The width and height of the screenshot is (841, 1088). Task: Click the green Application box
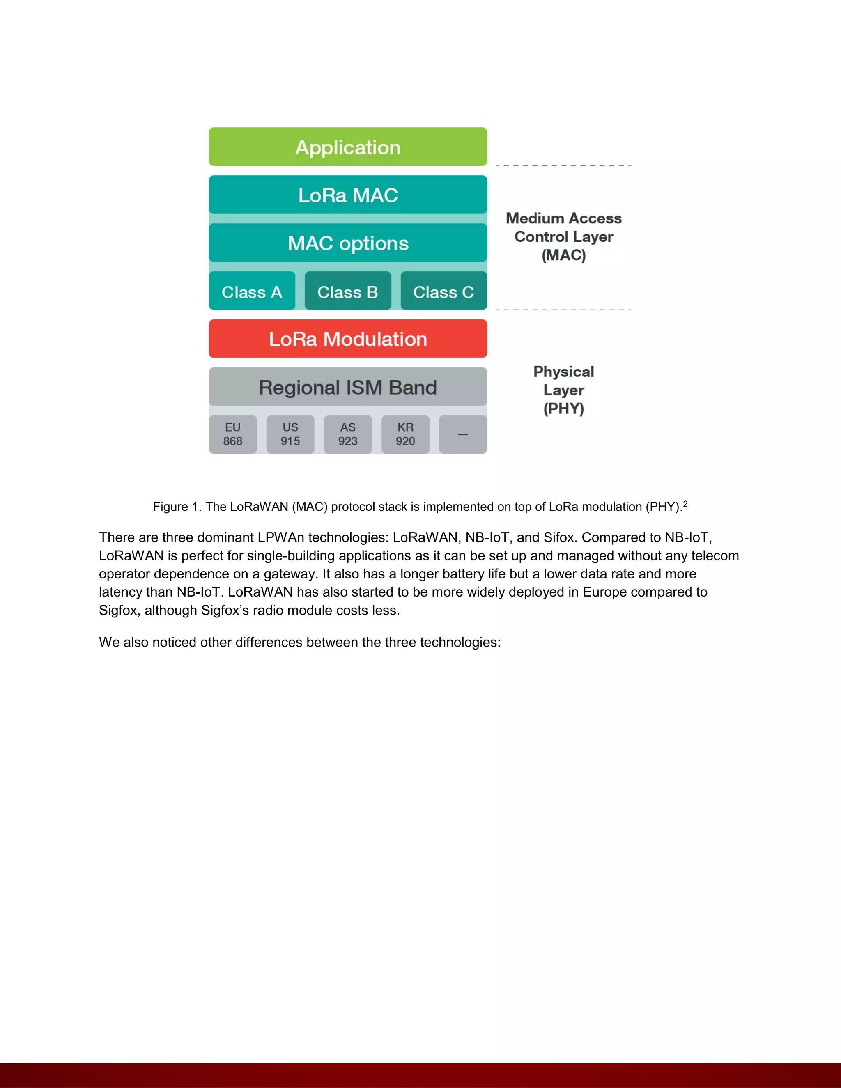point(348,147)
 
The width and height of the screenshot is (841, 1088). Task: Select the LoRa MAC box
point(348,195)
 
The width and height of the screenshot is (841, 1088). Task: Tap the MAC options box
point(348,243)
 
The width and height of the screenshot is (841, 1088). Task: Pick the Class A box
point(252,292)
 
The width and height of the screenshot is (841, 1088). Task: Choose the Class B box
point(348,292)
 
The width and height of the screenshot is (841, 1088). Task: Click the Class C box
point(443,292)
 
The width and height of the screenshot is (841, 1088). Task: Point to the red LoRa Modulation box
point(348,339)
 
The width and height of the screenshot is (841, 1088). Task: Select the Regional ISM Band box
point(348,387)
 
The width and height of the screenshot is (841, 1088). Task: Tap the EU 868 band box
point(233,434)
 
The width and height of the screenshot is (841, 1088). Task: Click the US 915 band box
point(290,434)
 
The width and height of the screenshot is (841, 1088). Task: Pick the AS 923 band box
point(348,434)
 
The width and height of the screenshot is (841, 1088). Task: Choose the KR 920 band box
point(406,434)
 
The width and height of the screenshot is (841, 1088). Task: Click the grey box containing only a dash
point(463,434)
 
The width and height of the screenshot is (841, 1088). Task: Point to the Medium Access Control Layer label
point(563,236)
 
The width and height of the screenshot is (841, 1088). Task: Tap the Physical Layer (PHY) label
point(563,390)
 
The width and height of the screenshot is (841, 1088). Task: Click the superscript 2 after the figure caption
point(685,504)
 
